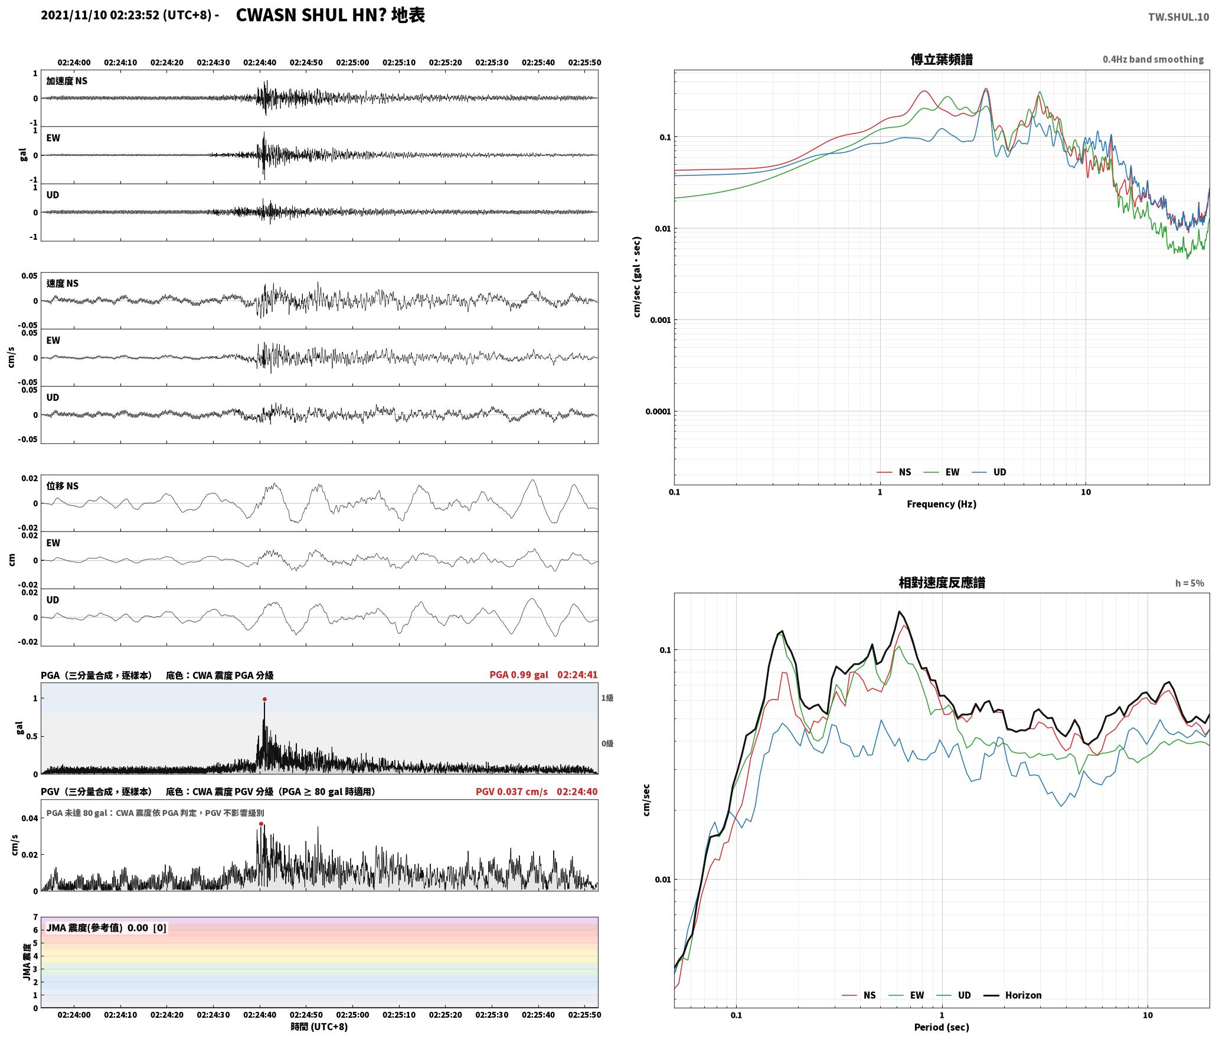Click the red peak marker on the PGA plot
[264, 699]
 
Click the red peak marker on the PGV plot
[261, 824]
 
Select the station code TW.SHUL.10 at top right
[1178, 17]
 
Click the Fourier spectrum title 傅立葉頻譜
[942, 60]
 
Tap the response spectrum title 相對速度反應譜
[942, 583]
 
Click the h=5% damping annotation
[1189, 583]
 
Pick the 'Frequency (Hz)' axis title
[942, 504]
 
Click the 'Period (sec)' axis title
[942, 1027]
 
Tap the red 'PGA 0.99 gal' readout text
[519, 675]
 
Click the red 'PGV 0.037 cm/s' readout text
[512, 792]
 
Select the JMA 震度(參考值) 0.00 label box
[106, 928]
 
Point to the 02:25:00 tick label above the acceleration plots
[352, 63]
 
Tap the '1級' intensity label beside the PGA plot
[607, 698]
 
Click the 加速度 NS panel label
[67, 81]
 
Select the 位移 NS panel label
[63, 486]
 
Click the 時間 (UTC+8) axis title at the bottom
[319, 1027]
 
